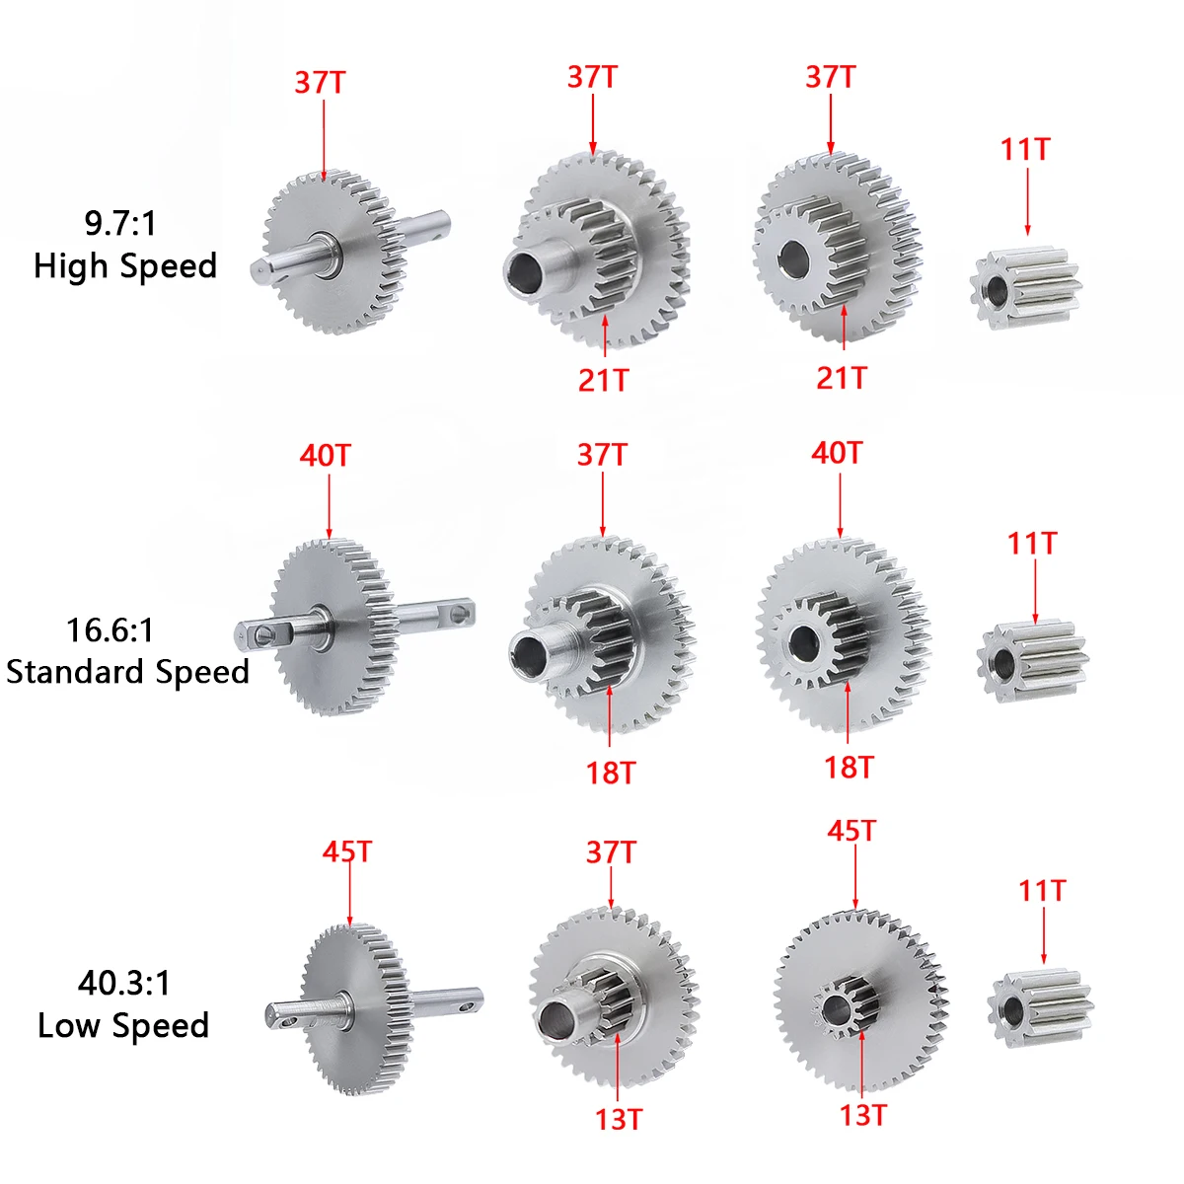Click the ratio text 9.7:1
(x=120, y=223)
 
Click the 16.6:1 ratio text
(x=110, y=629)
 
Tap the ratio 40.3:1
(x=124, y=983)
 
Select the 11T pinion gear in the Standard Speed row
(x=1032, y=660)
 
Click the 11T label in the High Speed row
(x=1025, y=150)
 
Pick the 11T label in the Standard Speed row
(x=1032, y=544)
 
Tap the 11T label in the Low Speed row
(x=1042, y=891)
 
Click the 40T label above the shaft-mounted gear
(x=325, y=456)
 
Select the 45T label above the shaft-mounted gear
(x=347, y=851)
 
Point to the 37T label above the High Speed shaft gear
(x=320, y=82)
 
